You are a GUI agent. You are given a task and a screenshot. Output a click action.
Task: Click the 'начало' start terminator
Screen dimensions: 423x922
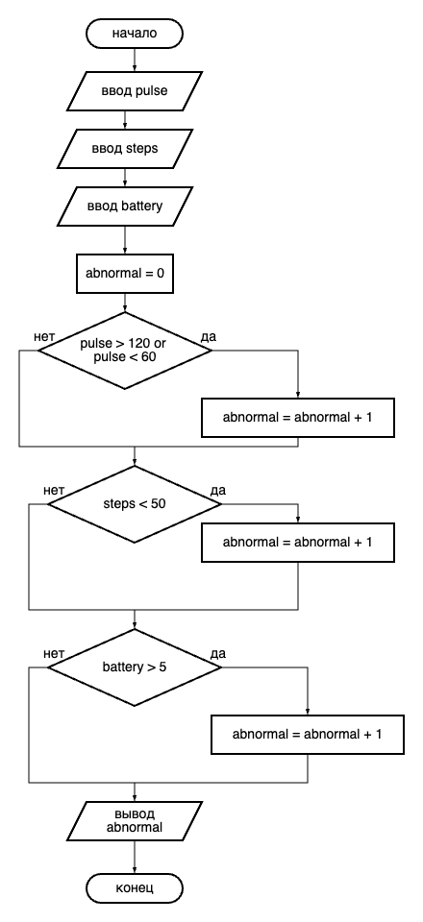click(135, 34)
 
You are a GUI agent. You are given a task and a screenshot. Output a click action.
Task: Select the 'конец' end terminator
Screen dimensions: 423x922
click(135, 887)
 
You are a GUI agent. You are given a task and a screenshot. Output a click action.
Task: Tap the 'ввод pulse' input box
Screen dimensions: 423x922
click(135, 91)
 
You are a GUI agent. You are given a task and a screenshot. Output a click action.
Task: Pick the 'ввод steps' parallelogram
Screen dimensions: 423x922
click(125, 149)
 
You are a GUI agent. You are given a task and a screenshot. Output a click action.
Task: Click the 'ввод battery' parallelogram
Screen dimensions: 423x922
click(125, 206)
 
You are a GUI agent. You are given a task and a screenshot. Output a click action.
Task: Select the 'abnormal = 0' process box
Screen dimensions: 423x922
click(125, 274)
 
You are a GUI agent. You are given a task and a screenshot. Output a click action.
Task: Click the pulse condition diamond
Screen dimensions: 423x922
click(125, 351)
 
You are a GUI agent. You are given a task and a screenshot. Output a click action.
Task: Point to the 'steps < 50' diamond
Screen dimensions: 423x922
click(135, 504)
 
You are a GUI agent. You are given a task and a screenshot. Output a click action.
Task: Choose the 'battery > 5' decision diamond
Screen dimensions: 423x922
click(135, 667)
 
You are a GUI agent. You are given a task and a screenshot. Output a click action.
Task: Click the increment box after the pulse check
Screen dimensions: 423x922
click(298, 418)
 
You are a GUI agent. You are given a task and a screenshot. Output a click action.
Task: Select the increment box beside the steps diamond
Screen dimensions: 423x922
click(298, 542)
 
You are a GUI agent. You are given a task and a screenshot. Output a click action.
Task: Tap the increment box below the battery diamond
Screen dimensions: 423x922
click(307, 735)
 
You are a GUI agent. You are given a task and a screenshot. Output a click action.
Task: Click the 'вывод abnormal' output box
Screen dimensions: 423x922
click(135, 821)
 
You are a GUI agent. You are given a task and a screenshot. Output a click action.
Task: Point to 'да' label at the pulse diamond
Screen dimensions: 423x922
click(209, 337)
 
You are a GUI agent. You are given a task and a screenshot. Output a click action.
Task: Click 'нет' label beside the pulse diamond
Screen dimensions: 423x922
click(45, 337)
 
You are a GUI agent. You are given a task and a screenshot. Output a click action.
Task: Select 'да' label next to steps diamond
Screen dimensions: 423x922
click(217, 491)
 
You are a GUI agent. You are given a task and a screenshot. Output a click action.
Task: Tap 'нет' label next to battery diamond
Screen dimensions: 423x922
click(54, 654)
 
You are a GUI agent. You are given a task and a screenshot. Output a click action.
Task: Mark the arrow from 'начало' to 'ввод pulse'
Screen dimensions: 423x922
click(135, 60)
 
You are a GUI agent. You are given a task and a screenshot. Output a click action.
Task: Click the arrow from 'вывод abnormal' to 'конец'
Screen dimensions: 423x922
click(135, 858)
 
